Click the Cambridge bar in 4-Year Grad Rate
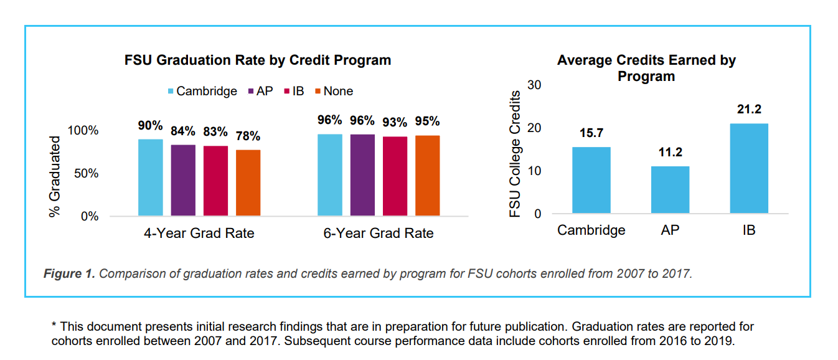pos(151,178)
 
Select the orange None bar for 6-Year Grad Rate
pos(427,176)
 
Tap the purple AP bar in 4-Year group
pos(183,180)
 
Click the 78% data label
pos(248,135)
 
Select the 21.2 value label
pos(748,110)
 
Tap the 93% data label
pos(395,122)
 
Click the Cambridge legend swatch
pos(170,92)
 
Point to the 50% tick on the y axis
pos(87,174)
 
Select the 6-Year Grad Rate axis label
pos(379,234)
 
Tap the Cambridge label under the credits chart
pos(591,230)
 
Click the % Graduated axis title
pos(55,177)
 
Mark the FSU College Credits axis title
pos(515,154)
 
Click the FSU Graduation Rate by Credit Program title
pos(258,60)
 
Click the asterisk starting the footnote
pos(54,327)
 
